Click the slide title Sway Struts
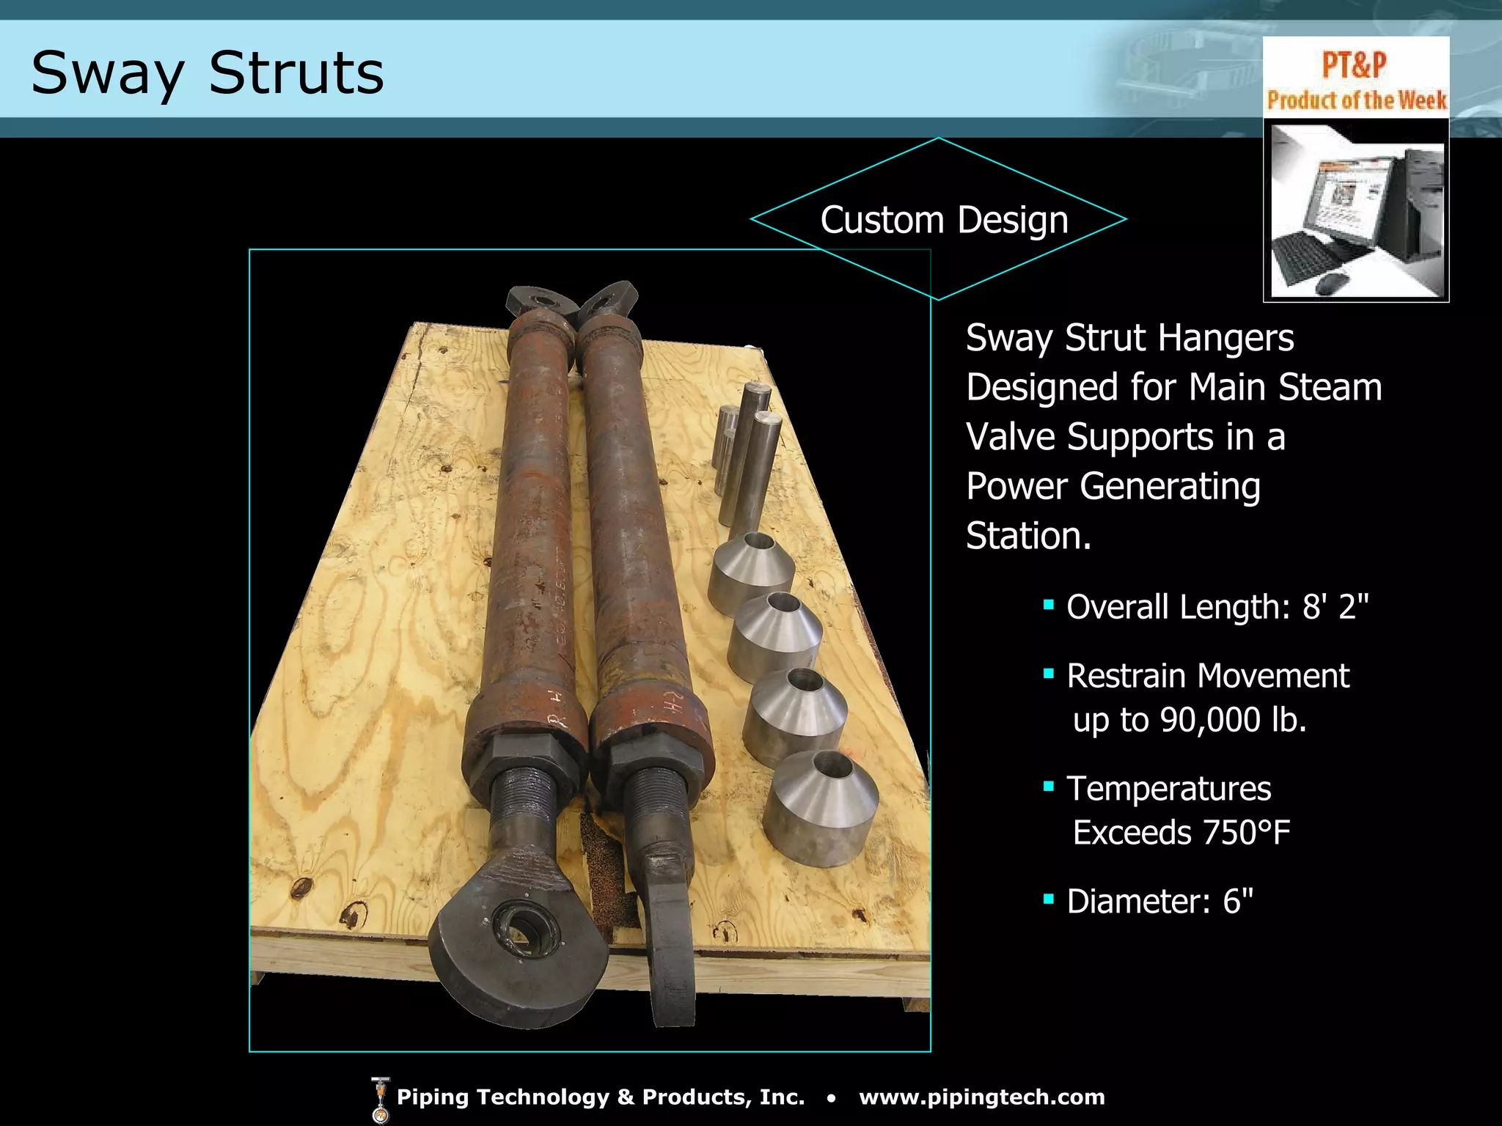click(208, 73)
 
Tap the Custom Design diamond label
click(944, 220)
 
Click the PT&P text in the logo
click(1354, 65)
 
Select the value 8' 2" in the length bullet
click(1336, 607)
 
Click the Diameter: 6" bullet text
click(1160, 901)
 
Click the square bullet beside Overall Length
click(1049, 606)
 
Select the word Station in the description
click(1028, 536)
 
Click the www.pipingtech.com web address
click(981, 1097)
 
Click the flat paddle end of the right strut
click(671, 953)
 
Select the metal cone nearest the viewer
click(820, 810)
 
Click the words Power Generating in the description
click(1113, 487)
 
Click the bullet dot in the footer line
click(831, 1098)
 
